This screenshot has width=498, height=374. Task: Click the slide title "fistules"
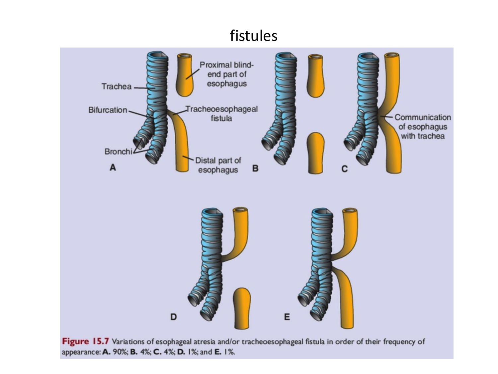click(x=253, y=36)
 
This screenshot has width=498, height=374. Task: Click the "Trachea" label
click(x=116, y=87)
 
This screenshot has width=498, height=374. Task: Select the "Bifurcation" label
click(x=108, y=110)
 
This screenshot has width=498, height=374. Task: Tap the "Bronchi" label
click(x=118, y=152)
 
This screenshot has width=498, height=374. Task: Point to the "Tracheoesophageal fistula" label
click(x=221, y=114)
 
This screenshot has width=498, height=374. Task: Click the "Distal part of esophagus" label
click(x=218, y=165)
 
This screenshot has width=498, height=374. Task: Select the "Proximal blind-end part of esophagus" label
click(x=227, y=74)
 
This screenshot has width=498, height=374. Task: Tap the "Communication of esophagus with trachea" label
click(x=422, y=127)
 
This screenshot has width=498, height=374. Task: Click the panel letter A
click(x=113, y=168)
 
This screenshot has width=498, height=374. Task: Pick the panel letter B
click(x=255, y=169)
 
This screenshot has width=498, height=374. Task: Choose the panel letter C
click(x=345, y=169)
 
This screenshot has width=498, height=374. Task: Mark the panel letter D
click(x=173, y=317)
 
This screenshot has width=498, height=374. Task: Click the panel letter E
click(x=287, y=317)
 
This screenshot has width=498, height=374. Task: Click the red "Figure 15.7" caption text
click(x=85, y=341)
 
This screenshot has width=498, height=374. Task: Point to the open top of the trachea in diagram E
click(x=322, y=212)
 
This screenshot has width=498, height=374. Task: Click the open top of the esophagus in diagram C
click(x=391, y=55)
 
